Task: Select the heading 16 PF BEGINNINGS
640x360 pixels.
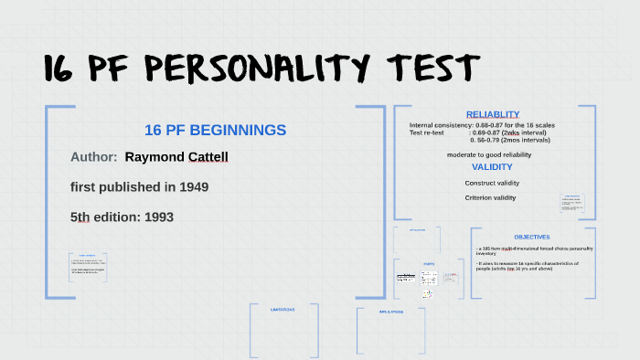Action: point(215,131)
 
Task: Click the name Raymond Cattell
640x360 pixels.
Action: point(176,157)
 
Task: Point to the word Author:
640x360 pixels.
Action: point(93,157)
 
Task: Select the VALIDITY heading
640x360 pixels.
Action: point(492,167)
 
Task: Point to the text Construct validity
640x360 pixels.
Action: point(492,183)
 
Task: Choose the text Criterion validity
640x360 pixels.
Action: point(490,197)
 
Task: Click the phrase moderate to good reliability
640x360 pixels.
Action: point(488,154)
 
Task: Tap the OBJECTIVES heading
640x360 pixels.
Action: point(532,238)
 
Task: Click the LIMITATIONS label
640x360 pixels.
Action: point(283,310)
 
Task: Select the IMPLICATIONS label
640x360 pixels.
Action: point(391,312)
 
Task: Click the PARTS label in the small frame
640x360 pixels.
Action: point(428,263)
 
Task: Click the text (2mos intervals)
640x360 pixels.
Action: point(526,140)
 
